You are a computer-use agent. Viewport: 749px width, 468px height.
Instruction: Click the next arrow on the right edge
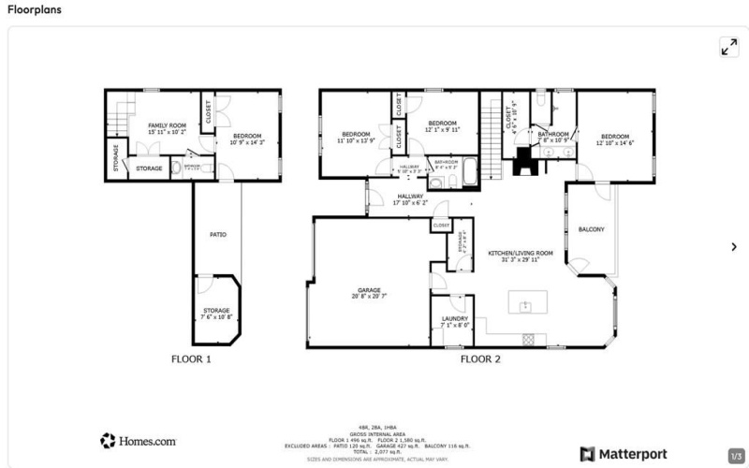click(x=733, y=246)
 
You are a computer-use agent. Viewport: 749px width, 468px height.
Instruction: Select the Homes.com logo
click(x=139, y=440)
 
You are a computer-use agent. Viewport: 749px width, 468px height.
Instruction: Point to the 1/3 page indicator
click(x=735, y=456)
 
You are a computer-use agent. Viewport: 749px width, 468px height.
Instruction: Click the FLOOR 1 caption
click(x=191, y=358)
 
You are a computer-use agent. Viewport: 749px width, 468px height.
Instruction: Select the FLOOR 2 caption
click(x=480, y=358)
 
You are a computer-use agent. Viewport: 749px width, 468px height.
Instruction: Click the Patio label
click(x=217, y=234)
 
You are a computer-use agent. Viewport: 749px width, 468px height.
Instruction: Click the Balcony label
click(x=591, y=229)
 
